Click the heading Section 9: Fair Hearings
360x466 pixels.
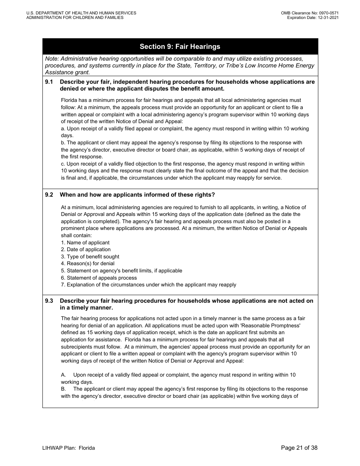[x=180, y=47]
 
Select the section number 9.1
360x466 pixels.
[x=49, y=82]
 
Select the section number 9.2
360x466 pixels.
[x=49, y=195]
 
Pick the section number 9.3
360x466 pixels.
[x=49, y=301]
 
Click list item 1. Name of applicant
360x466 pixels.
[x=85, y=242]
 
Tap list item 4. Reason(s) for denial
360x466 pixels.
[x=88, y=263]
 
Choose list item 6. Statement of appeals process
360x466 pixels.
[x=99, y=278]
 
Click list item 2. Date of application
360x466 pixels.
[x=86, y=249]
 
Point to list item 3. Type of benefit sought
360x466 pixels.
[x=90, y=256]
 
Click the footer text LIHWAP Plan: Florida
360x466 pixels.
[x=69, y=448]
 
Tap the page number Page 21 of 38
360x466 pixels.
[x=299, y=448]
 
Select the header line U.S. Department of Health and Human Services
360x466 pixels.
[x=81, y=13]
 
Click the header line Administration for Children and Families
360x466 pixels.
[x=75, y=17]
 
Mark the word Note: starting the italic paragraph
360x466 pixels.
[x=52, y=59]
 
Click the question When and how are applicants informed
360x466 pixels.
[x=137, y=195]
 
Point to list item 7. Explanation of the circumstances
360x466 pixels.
[x=149, y=285]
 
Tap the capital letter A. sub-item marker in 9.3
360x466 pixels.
[x=63, y=375]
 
